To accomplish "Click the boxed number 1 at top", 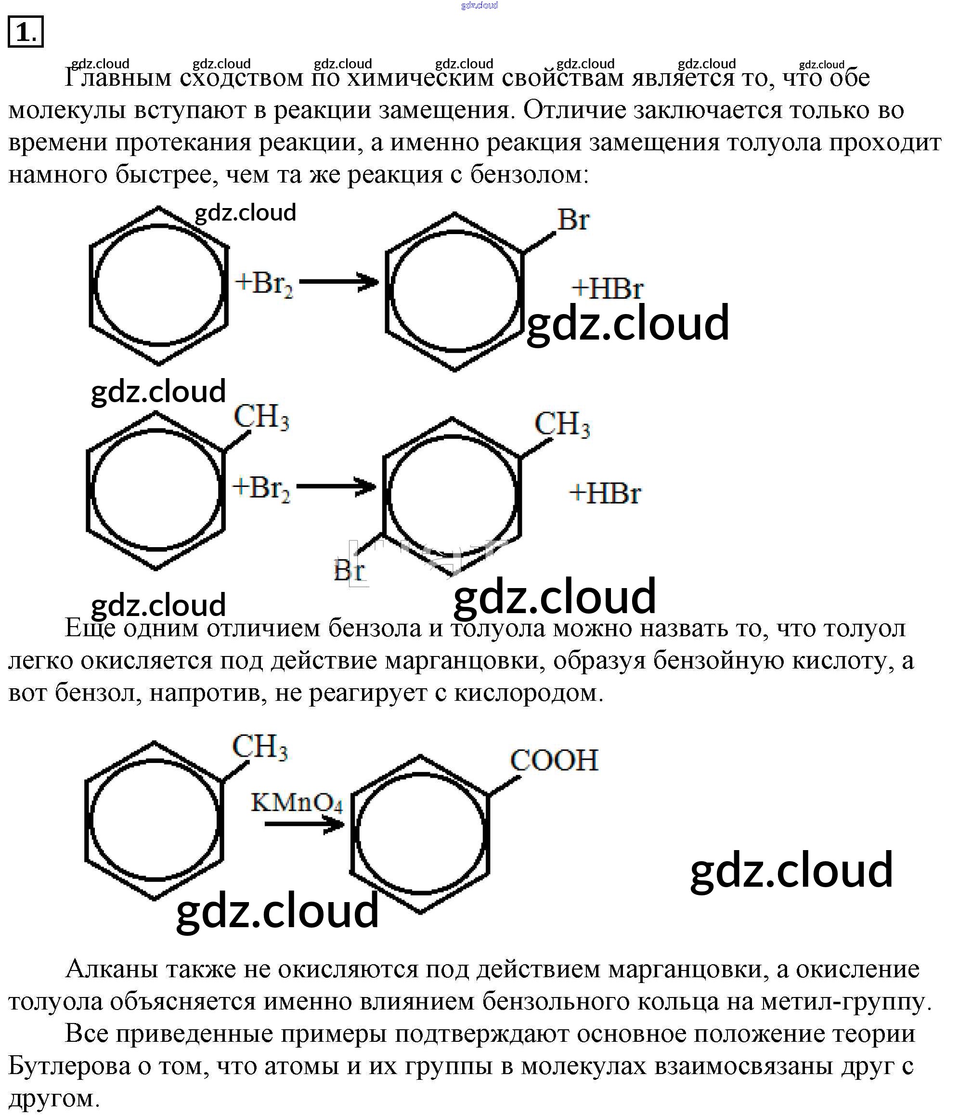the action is click(x=26, y=32).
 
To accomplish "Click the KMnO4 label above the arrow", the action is click(x=297, y=803).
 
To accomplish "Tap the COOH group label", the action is click(x=554, y=761).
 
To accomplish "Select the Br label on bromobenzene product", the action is click(x=573, y=220).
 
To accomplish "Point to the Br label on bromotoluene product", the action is click(x=349, y=570).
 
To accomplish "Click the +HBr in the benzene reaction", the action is click(x=607, y=289).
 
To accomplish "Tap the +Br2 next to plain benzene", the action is click(x=263, y=283).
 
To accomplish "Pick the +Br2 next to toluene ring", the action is click(x=261, y=488).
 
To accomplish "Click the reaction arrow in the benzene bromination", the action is click(x=339, y=281).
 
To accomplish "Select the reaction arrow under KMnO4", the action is click(x=304, y=825).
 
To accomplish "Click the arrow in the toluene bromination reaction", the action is click(x=336, y=486).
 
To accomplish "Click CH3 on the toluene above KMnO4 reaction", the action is click(x=260, y=747).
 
